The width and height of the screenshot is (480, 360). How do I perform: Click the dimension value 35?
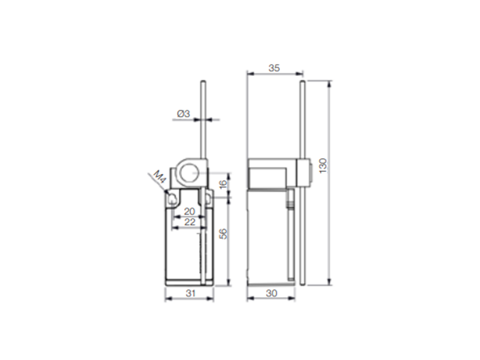tap(274, 68)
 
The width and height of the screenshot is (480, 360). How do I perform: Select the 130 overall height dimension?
tap(323, 166)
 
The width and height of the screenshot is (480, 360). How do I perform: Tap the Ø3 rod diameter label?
tap(183, 114)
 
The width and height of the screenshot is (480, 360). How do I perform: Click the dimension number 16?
tap(223, 183)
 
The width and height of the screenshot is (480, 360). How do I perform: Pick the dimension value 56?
tap(224, 233)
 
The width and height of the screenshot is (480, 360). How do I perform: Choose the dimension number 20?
tap(189, 211)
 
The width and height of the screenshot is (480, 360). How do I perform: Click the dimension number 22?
tap(189, 222)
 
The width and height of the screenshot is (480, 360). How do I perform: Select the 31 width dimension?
tap(190, 293)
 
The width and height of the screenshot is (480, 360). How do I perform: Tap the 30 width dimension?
tap(271, 293)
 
